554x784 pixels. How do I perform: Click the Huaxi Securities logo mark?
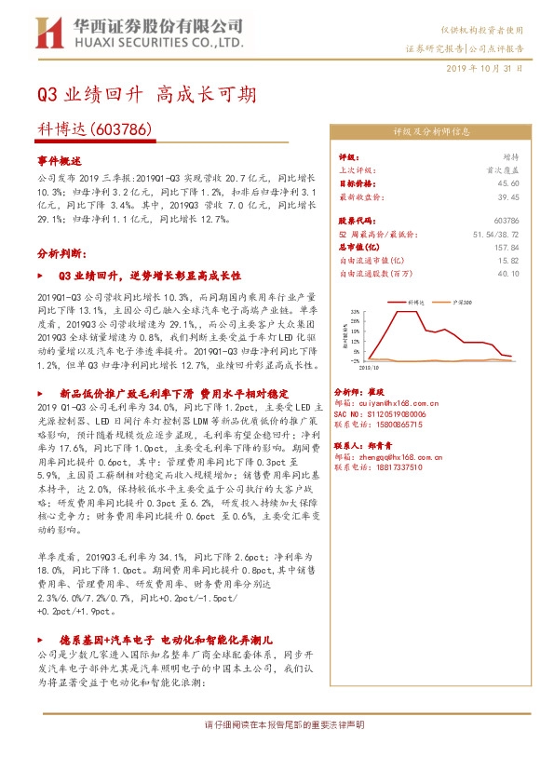coord(47,34)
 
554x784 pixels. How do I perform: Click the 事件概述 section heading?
coord(60,160)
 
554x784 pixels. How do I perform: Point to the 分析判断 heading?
coord(61,252)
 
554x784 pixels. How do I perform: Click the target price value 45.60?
coord(507,183)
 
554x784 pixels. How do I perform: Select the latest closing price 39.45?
coord(507,197)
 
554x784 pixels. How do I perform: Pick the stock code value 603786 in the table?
coord(505,221)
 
